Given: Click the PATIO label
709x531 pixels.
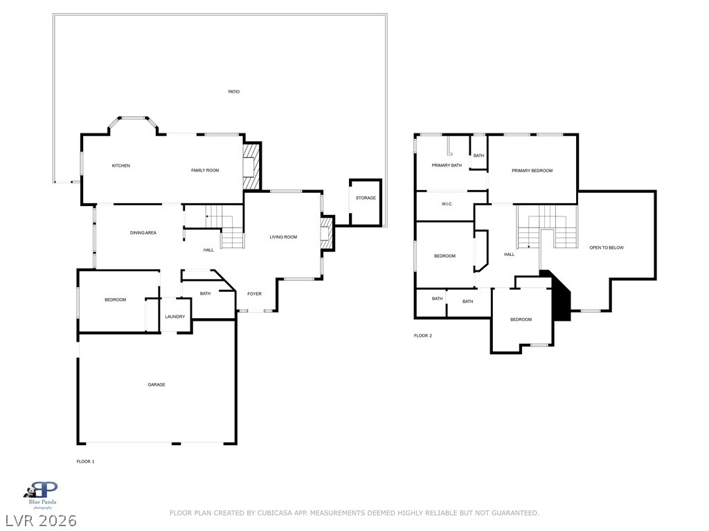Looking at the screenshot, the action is (x=234, y=92).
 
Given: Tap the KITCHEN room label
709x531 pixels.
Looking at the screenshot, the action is (x=121, y=166).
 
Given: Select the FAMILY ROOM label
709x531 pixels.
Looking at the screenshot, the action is (x=205, y=170).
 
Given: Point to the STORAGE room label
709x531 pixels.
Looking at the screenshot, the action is (x=366, y=198).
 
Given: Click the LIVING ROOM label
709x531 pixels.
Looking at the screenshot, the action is (x=283, y=237).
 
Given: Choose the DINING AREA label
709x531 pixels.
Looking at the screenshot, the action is (x=143, y=233).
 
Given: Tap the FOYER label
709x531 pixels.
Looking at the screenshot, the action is (x=255, y=294).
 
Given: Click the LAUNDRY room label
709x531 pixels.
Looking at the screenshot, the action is (x=175, y=317).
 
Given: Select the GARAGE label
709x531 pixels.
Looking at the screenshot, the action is (x=156, y=384).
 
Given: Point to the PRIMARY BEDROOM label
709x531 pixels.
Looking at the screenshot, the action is (x=532, y=171).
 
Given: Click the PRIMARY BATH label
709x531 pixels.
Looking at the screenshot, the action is (x=447, y=165).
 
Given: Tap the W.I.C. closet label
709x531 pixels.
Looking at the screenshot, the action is (x=447, y=204).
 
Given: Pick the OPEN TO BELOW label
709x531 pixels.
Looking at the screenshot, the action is (x=607, y=248).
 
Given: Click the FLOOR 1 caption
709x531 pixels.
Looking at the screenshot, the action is (x=85, y=461).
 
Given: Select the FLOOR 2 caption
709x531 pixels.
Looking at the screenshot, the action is (x=423, y=335).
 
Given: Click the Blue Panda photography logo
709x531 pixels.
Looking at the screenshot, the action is (x=42, y=495).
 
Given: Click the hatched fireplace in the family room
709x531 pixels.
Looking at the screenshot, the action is (x=252, y=167).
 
